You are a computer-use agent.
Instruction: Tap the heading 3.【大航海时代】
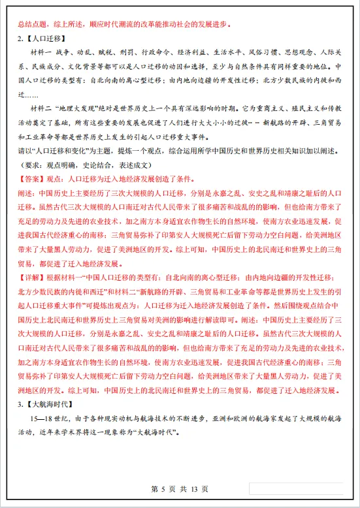(x=44, y=403)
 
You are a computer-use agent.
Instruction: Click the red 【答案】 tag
(x=31, y=178)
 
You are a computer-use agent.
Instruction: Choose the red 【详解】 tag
(x=31, y=276)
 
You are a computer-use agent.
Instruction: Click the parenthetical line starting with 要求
(x=101, y=166)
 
